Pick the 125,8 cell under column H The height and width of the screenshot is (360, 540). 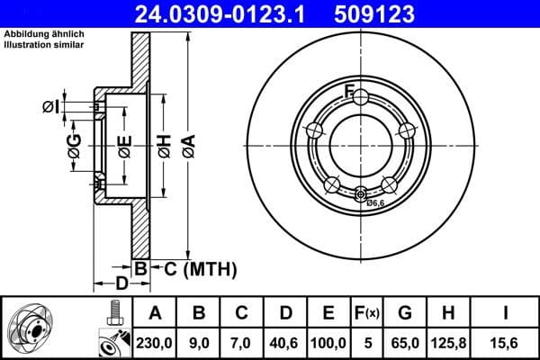pyautogui.click(x=448, y=341)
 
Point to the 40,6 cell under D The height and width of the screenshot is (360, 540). pyautogui.click(x=285, y=341)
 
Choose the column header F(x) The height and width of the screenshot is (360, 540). pyautogui.click(x=369, y=313)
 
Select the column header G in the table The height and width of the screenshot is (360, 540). pyautogui.click(x=405, y=313)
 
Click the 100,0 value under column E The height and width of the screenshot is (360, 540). pyautogui.click(x=328, y=341)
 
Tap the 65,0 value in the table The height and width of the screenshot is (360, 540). pyautogui.click(x=405, y=341)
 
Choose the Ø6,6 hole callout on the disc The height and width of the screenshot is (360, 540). pyautogui.click(x=374, y=203)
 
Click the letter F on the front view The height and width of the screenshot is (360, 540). pyautogui.click(x=350, y=88)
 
